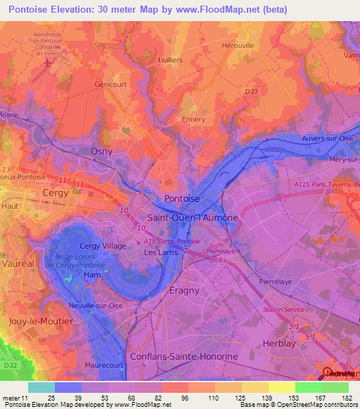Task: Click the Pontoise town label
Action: click(181, 199)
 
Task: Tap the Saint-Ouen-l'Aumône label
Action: click(192, 219)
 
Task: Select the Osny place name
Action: click(102, 151)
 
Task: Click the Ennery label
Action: click(193, 119)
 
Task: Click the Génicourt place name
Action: click(111, 84)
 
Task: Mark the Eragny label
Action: click(184, 290)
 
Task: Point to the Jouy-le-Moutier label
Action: click(40, 320)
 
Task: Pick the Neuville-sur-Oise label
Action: click(95, 306)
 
